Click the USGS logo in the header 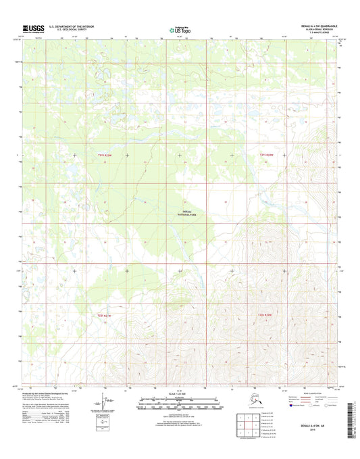coord(33,28)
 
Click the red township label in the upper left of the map coord(103,155)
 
